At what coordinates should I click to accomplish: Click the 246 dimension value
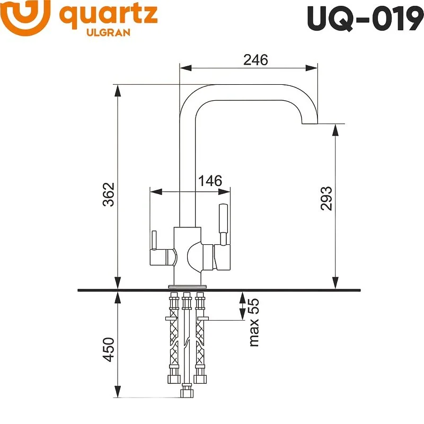255,60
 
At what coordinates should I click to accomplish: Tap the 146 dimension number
210,180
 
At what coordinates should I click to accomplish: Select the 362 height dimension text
109,195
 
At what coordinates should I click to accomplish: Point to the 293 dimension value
326,198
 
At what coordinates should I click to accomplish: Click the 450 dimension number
109,349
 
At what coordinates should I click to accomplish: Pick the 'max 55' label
253,322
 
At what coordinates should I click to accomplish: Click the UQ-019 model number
365,19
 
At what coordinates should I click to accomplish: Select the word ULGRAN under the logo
108,32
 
